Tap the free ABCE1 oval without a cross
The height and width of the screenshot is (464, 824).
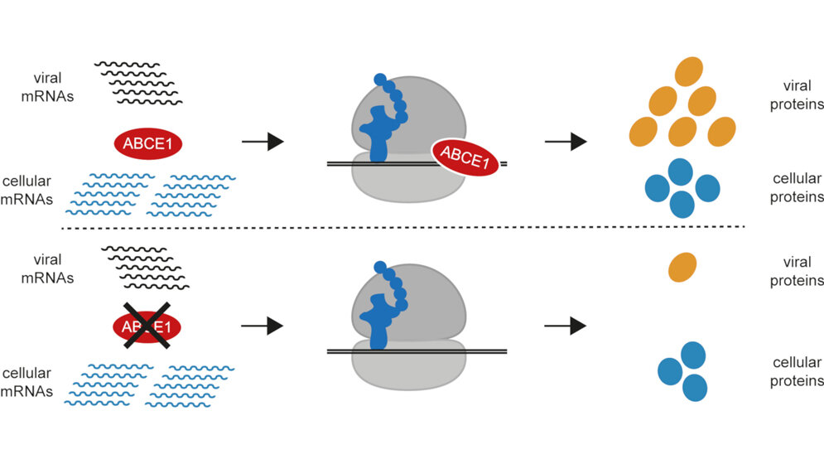click(x=147, y=143)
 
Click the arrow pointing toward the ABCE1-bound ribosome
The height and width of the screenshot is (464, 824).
click(x=263, y=143)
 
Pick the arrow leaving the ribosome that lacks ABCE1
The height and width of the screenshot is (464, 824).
click(x=565, y=326)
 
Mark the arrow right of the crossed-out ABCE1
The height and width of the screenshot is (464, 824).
click(x=263, y=326)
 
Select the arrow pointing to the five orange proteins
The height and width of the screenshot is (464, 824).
click(x=565, y=143)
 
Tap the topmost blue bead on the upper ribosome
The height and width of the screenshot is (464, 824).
click(x=380, y=80)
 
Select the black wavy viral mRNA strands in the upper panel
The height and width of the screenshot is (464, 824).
click(x=139, y=83)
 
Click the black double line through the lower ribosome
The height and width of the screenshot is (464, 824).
click(x=480, y=352)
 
